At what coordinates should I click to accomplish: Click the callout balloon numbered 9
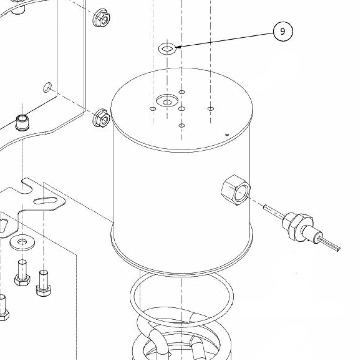point(283,31)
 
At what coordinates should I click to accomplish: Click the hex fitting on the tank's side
point(235,190)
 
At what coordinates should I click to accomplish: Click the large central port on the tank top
point(167,101)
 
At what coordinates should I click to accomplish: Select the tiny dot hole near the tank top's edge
point(227,135)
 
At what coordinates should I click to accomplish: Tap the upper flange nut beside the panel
point(101,18)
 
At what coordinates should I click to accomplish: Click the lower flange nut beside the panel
point(101,118)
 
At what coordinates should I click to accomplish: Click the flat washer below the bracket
point(22,242)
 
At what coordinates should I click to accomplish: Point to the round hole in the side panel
point(48,87)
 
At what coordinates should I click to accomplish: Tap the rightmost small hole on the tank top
point(210,109)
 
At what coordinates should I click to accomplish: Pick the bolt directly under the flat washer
point(22,273)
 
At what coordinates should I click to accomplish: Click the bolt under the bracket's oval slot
point(44,283)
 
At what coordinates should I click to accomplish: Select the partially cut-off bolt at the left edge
point(3,308)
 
